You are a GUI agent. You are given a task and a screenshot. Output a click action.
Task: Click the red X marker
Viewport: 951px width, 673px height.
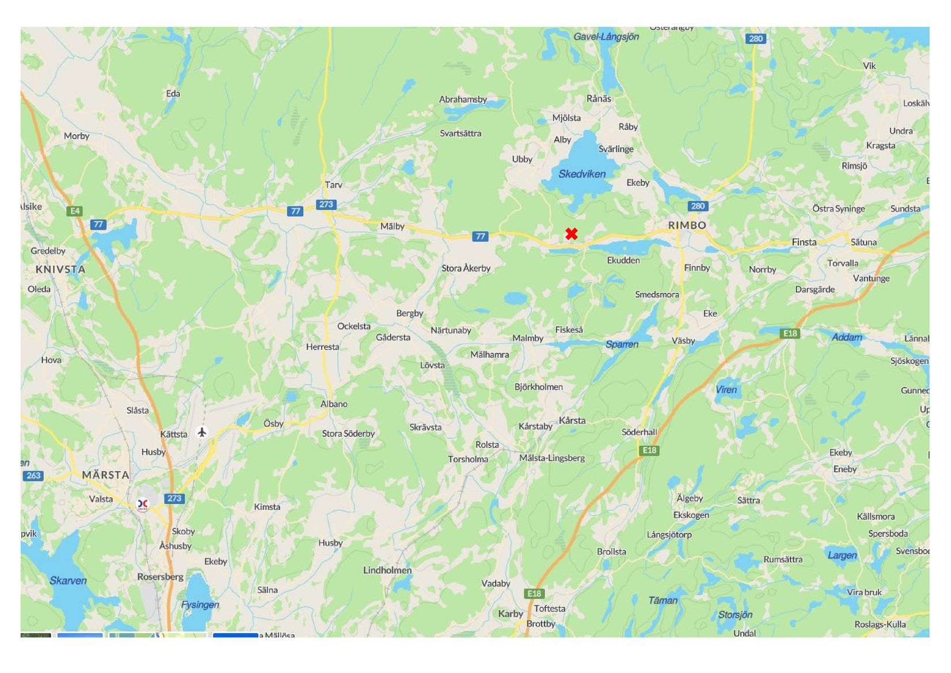click(571, 234)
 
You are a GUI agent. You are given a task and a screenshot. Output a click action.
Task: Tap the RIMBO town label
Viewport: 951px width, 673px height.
click(686, 225)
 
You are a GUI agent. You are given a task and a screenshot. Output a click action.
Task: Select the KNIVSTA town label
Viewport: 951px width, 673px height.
click(60, 269)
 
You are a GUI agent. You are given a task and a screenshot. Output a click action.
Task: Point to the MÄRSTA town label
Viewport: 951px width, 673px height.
click(105, 475)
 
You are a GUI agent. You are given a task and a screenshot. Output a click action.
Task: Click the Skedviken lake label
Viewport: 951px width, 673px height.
click(582, 174)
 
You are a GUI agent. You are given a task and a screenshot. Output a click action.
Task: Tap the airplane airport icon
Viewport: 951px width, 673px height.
click(202, 432)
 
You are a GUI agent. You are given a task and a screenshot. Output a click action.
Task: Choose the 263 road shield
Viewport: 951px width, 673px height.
click(33, 475)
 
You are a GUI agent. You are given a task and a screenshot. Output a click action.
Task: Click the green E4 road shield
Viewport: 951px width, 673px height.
click(74, 211)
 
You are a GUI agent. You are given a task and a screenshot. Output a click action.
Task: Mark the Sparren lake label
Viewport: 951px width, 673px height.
click(621, 344)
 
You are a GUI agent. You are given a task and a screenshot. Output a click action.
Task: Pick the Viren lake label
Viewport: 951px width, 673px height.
click(726, 390)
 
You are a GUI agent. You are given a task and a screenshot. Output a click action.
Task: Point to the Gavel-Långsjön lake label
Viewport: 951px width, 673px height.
click(606, 37)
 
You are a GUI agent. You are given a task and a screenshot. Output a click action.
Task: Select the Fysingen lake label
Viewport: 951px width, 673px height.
click(200, 604)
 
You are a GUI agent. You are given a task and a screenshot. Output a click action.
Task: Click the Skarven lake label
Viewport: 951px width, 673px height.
click(68, 581)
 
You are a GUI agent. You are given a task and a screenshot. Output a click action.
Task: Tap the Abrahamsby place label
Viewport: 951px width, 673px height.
click(463, 99)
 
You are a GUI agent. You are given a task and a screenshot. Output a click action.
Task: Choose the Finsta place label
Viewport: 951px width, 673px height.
click(803, 242)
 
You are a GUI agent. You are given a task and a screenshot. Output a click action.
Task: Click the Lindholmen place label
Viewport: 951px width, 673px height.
click(387, 570)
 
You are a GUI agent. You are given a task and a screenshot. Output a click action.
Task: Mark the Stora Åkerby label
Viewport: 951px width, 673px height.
click(466, 268)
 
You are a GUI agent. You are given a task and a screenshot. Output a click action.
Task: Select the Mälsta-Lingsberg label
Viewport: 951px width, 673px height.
click(552, 458)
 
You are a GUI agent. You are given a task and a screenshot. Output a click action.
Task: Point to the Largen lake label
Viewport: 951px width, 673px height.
click(841, 555)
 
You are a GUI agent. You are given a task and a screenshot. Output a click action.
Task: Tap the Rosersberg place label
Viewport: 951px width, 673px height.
click(160, 577)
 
